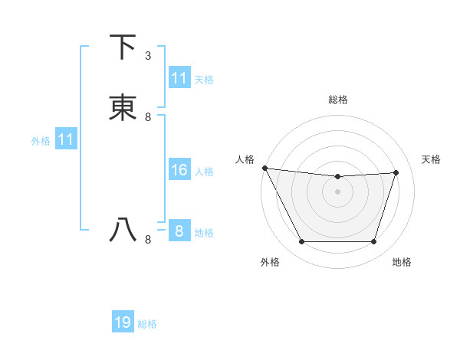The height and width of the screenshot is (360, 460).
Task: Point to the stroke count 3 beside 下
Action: coord(148,56)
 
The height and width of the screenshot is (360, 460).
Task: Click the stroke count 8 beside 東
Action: coord(148,117)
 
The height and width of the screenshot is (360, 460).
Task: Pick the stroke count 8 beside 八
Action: coord(148,240)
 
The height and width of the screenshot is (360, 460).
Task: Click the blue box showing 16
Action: coord(179,170)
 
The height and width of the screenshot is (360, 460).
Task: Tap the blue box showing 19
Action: coord(123,323)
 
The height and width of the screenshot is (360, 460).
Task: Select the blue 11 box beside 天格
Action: coord(179,78)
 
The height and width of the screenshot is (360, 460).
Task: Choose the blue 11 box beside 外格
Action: coord(66,140)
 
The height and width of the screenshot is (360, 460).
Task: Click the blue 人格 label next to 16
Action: coord(205,171)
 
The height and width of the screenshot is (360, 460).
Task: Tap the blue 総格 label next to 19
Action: coord(147,324)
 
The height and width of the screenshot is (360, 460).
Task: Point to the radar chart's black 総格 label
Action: coord(337,100)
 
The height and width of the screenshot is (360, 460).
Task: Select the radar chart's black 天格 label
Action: coord(432,159)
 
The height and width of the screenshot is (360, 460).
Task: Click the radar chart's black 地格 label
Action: coord(402,262)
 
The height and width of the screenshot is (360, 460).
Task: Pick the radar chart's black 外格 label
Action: coord(270,262)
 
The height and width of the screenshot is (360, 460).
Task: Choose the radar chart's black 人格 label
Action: coord(245,159)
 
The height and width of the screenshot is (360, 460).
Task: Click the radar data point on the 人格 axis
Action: coord(264,168)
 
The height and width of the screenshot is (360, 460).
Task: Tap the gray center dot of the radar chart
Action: coord(337,191)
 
